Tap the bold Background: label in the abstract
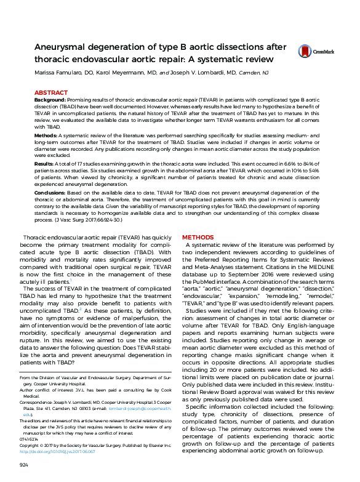pyautogui.click(x=50, y=100)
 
